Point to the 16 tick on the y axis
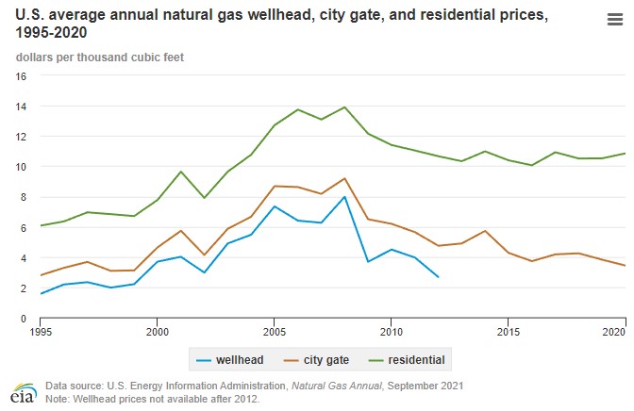(x=20, y=75)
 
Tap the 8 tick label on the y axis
(x=23, y=197)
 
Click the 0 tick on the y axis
(x=23, y=319)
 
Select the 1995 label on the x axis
(x=41, y=333)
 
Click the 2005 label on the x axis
(x=275, y=333)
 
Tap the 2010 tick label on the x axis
(x=392, y=333)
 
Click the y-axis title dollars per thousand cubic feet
(x=99, y=57)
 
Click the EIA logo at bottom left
(x=18, y=391)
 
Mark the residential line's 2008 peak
(x=344, y=107)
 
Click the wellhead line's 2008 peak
(x=344, y=197)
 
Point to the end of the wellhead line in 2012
(x=438, y=277)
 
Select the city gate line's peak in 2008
(x=344, y=178)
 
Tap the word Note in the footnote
(x=58, y=397)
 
